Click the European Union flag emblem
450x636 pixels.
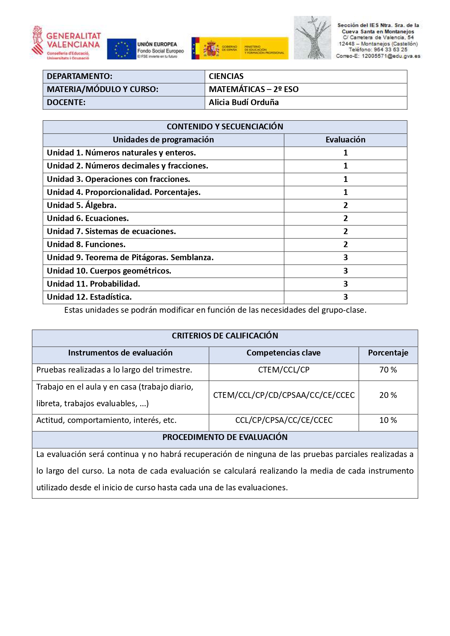(x=121, y=49)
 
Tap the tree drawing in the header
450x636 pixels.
(x=312, y=38)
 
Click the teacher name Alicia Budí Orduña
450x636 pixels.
(x=244, y=103)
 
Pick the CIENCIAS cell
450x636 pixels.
(x=226, y=76)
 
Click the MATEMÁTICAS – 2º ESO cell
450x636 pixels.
(x=253, y=90)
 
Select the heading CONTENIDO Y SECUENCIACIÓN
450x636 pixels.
(x=225, y=127)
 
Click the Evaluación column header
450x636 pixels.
(x=345, y=140)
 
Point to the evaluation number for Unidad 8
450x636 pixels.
(x=345, y=245)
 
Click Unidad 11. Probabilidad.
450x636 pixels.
(x=93, y=284)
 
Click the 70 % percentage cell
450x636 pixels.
(x=388, y=370)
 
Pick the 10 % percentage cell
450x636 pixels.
(x=388, y=420)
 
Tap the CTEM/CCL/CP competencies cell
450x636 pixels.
(x=284, y=370)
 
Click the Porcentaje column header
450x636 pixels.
(x=388, y=353)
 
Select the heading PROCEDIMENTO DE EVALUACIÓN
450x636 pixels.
(x=225, y=437)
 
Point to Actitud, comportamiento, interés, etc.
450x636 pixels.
(x=106, y=420)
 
